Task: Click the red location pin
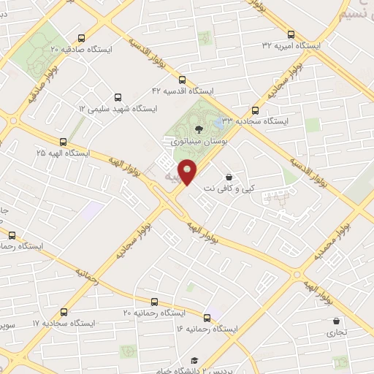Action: (188, 171)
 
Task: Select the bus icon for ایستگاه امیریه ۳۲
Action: (291, 34)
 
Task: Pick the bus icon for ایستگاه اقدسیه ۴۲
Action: (182, 80)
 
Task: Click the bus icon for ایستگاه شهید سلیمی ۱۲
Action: (118, 97)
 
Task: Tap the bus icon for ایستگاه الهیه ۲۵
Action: (63, 142)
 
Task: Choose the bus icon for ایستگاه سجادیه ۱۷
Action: (65, 310)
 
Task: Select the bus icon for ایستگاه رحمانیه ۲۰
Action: (153, 301)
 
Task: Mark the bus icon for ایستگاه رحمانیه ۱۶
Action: (207, 318)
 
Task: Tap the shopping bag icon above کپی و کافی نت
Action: (229, 176)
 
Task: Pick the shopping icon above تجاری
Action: (336, 321)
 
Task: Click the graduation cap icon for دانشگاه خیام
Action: (194, 360)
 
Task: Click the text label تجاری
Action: (337, 332)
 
